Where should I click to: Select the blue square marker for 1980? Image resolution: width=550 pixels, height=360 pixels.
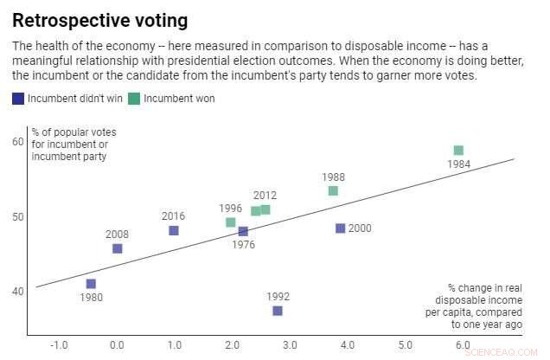(x=91, y=284)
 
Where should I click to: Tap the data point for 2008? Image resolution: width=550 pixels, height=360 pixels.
(x=118, y=248)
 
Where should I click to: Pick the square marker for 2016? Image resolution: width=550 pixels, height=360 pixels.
(x=174, y=230)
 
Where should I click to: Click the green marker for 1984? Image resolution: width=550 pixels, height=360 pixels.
(x=458, y=151)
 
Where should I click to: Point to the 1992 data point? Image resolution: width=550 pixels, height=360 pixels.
(x=278, y=311)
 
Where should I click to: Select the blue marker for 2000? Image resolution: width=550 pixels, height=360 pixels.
(x=340, y=228)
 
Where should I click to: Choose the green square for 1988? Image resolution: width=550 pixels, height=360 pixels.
(x=333, y=190)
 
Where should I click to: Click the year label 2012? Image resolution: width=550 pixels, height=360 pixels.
(x=265, y=196)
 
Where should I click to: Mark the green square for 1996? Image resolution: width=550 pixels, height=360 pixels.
(x=231, y=222)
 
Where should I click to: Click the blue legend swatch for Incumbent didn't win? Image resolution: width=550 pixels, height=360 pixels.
(x=18, y=99)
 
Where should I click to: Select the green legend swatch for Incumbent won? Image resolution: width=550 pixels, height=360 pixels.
(x=134, y=99)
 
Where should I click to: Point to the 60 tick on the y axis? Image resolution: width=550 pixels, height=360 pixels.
(x=18, y=141)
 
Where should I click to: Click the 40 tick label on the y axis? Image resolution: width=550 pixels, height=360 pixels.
(x=18, y=292)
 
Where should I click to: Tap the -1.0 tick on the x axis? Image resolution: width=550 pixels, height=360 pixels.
(x=59, y=345)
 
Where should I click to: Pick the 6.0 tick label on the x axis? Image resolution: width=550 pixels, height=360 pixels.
(x=463, y=345)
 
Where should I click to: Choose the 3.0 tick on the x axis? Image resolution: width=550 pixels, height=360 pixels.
(x=290, y=345)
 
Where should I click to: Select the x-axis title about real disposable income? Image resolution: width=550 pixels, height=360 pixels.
(x=484, y=305)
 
